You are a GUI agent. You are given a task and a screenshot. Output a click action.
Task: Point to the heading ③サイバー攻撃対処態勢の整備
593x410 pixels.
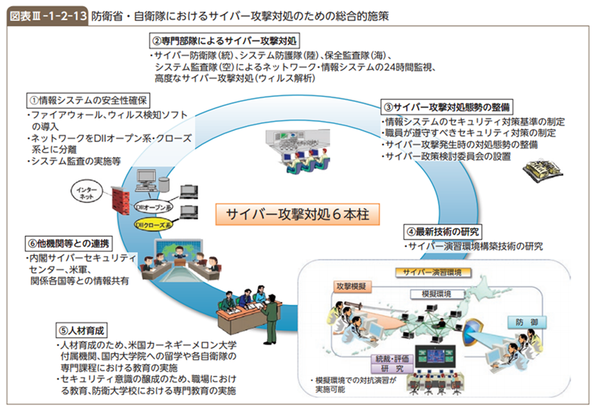[x=448, y=108]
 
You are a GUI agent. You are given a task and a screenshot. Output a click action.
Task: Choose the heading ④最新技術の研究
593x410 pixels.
[x=443, y=232]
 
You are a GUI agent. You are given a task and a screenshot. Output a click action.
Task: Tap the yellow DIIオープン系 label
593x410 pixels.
[x=152, y=206]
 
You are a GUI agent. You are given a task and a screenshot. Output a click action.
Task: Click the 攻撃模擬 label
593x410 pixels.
[x=353, y=285]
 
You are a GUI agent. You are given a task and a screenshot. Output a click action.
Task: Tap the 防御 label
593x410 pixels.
[x=524, y=322]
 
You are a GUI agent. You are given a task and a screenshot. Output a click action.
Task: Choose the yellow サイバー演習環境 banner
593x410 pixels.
[x=432, y=272]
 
